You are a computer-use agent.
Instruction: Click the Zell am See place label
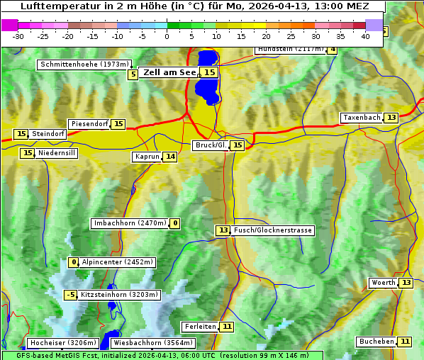coord(169,72)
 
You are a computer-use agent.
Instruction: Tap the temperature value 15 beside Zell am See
coord(210,72)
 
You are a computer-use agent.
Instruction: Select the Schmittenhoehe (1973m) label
coord(84,64)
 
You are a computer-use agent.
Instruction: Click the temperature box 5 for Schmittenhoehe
coord(133,74)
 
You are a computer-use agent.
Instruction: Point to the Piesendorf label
coord(89,124)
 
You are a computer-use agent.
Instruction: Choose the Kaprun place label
coord(147,157)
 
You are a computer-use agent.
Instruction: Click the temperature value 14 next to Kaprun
coord(170,157)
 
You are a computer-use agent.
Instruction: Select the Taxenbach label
coord(362,118)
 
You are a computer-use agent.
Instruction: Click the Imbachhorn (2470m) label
coord(130,223)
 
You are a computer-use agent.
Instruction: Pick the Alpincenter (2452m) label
coord(117,262)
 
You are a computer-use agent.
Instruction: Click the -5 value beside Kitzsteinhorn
coord(70,295)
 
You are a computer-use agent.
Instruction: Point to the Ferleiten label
coord(199,327)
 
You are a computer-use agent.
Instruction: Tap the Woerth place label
coord(384,283)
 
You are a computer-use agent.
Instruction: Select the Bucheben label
coord(376,342)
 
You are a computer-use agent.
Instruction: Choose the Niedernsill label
coord(57,152)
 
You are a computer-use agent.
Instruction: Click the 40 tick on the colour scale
coord(366,35)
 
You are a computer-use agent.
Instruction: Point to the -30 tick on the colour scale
coord(18,35)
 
